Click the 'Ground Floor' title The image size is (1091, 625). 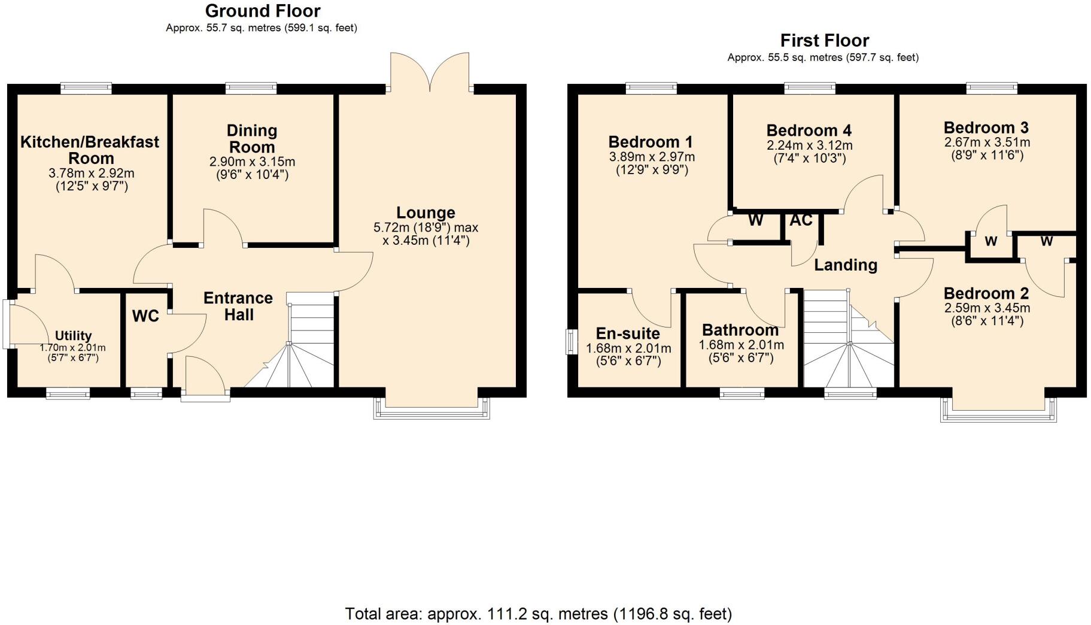click(x=263, y=11)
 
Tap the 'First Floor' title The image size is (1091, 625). click(x=824, y=40)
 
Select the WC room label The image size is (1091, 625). click(x=145, y=316)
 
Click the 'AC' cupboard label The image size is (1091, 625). click(x=801, y=220)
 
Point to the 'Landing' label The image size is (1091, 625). click(x=846, y=265)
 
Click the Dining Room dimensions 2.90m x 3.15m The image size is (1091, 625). click(x=252, y=162)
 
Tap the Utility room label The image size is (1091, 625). click(x=73, y=335)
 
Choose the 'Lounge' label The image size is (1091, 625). click(x=426, y=213)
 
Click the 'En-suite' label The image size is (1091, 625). click(x=628, y=333)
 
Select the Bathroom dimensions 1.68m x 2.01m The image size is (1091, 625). click(x=741, y=345)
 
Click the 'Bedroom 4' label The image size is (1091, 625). click(x=809, y=131)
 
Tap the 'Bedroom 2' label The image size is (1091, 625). click(x=986, y=293)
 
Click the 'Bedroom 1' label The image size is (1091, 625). click(x=651, y=142)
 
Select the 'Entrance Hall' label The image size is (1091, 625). click(x=238, y=306)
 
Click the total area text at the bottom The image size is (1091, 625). click(x=539, y=614)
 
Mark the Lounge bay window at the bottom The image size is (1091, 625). click(x=431, y=409)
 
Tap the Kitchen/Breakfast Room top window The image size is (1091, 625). click(x=86, y=89)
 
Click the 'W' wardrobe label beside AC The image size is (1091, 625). click(x=755, y=220)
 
